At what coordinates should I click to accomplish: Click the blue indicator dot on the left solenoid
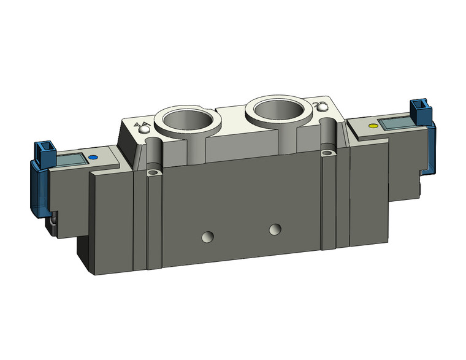pos(93,158)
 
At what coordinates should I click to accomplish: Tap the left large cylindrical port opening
pos(186,120)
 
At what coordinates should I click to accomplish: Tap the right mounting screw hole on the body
pos(329,153)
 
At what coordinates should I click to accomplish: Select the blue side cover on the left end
pos(38,184)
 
